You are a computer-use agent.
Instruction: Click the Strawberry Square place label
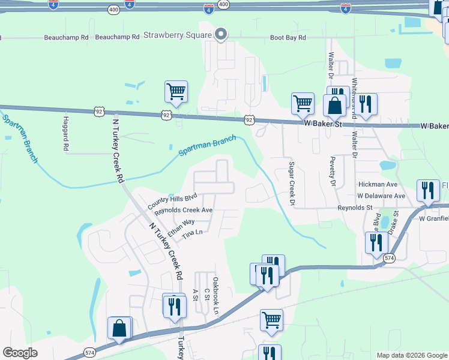click(177, 35)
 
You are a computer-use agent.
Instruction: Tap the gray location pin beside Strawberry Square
click(221, 34)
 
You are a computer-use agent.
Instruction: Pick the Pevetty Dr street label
click(331, 171)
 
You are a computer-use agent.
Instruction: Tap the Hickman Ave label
click(378, 184)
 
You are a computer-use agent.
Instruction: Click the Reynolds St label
click(355, 207)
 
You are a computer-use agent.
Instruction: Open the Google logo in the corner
click(20, 353)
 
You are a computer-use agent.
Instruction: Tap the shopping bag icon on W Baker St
click(334, 105)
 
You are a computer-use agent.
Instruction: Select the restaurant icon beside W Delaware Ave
click(427, 191)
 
